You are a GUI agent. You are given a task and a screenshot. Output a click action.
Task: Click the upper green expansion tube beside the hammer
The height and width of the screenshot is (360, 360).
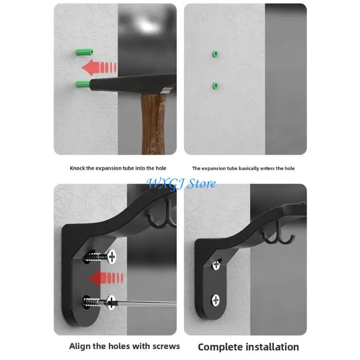pyautogui.click(x=85, y=52)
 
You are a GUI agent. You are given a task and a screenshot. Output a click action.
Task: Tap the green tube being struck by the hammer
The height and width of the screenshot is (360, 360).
pyautogui.click(x=83, y=84)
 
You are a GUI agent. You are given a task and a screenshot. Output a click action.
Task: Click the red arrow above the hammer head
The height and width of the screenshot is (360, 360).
pyautogui.click(x=99, y=67)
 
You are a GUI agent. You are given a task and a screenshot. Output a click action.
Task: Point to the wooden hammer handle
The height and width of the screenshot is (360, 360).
pyautogui.click(x=153, y=124)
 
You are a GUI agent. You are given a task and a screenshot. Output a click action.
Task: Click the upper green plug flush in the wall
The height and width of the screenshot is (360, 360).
pyautogui.click(x=215, y=54)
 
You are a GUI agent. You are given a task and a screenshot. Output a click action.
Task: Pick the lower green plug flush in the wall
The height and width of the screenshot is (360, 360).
pyautogui.click(x=215, y=86)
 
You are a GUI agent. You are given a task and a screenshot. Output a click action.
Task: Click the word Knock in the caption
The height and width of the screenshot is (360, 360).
pyautogui.click(x=77, y=168)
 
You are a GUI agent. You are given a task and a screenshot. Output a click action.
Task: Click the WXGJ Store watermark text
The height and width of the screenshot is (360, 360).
pyautogui.click(x=181, y=184)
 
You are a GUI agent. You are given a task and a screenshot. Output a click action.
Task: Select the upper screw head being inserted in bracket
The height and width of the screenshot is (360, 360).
pyautogui.click(x=112, y=256)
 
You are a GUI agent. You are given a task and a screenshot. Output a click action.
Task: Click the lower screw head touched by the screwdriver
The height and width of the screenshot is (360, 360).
pyautogui.click(x=111, y=302)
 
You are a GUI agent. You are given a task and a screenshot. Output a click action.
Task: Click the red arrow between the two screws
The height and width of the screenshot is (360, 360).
pyautogui.click(x=106, y=278)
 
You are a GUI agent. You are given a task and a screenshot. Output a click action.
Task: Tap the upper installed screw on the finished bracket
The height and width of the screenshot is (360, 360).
pyautogui.click(x=216, y=265)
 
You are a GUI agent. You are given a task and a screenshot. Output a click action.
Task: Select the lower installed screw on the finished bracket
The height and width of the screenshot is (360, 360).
pyautogui.click(x=216, y=300)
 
